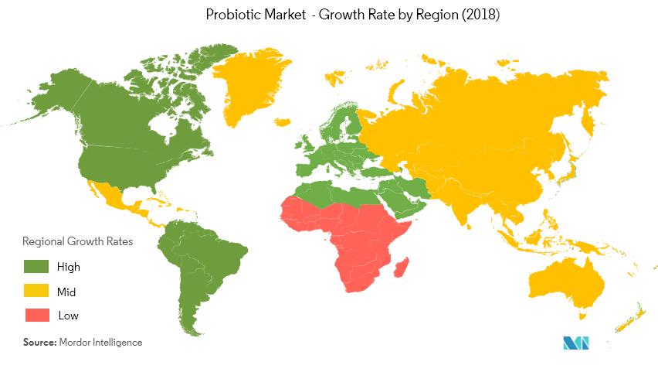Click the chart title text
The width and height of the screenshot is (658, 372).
click(329, 15)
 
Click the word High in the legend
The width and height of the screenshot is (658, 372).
click(69, 267)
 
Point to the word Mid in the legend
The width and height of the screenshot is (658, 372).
click(66, 292)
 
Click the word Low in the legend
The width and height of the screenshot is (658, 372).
click(68, 316)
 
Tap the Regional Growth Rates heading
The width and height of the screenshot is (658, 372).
click(77, 241)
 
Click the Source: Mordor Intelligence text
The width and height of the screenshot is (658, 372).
click(83, 341)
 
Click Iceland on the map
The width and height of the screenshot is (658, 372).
click(282, 122)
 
